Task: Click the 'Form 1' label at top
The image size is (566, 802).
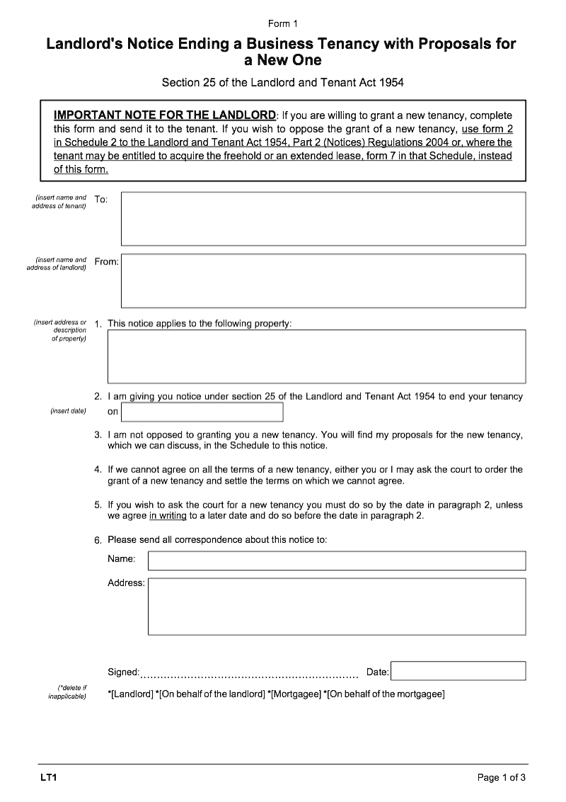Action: tap(283, 24)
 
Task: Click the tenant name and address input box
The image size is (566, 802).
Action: tap(323, 219)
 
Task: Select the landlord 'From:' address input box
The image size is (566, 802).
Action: tap(323, 280)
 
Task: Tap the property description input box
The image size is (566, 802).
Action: tap(316, 356)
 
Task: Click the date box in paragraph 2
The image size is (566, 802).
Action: tap(202, 412)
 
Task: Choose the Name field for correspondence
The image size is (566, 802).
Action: tap(337, 561)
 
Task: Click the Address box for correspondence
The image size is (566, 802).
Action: tap(337, 606)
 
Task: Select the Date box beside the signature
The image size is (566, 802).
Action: tap(458, 671)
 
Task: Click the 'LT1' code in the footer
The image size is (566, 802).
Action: tap(48, 778)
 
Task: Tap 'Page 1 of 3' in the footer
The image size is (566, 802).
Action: tap(502, 778)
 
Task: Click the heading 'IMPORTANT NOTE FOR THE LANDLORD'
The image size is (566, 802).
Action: tap(165, 115)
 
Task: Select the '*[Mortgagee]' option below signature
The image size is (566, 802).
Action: tap(294, 694)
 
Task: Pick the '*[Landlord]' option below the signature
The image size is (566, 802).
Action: tap(130, 694)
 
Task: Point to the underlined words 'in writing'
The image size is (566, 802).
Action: tap(168, 516)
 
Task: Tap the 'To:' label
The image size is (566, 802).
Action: tap(101, 200)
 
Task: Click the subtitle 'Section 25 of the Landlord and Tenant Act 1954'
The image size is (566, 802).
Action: tap(283, 82)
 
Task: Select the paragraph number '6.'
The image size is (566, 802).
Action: tap(98, 541)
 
